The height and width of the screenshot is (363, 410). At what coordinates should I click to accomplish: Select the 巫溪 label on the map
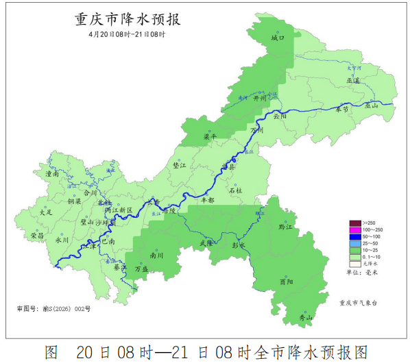point(354,80)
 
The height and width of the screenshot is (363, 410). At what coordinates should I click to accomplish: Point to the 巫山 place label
point(372,105)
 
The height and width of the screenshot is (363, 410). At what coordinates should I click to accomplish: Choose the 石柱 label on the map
point(235,190)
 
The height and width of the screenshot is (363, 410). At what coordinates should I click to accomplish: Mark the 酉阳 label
point(287,281)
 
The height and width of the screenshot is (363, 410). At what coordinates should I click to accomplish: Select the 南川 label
point(156,255)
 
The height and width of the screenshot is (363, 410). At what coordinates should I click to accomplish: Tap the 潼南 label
point(51,175)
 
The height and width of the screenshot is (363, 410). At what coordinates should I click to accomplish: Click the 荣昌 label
point(38,235)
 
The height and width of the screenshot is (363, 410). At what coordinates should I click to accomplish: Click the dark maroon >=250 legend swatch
point(355,223)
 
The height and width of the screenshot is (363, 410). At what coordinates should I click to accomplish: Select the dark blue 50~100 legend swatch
point(355,236)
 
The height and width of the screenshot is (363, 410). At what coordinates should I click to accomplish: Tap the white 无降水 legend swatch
point(355,263)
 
